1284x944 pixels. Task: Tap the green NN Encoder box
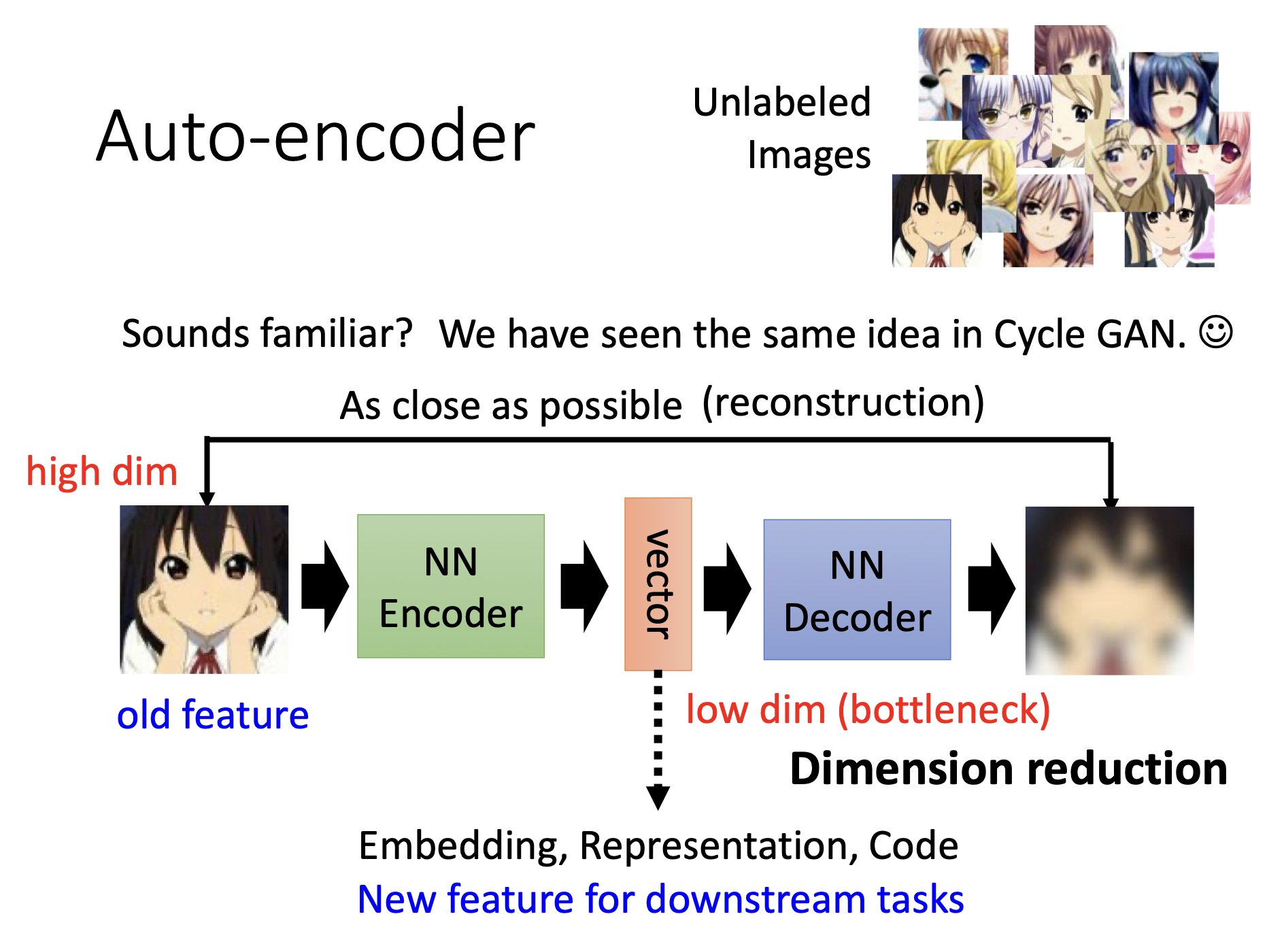pyautogui.click(x=450, y=586)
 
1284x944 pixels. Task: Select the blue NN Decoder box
pyautogui.click(x=857, y=590)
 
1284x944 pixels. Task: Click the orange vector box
pyautogui.click(x=658, y=584)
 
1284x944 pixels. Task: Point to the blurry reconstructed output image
pyautogui.click(x=1109, y=590)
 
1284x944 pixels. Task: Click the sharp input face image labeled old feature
pyautogui.click(x=204, y=589)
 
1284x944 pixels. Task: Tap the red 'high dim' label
pyautogui.click(x=102, y=471)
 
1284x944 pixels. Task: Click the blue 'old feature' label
pyautogui.click(x=213, y=715)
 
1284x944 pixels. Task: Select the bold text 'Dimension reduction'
pyautogui.click(x=1009, y=769)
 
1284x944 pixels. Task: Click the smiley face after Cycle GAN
pyautogui.click(x=1215, y=333)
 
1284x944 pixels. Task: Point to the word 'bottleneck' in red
pyautogui.click(x=944, y=710)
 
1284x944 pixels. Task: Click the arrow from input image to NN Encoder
pyautogui.click(x=324, y=586)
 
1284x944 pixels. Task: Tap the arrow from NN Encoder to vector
pyautogui.click(x=584, y=586)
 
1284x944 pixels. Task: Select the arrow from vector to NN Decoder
pyautogui.click(x=726, y=588)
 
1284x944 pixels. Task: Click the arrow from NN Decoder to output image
pyautogui.click(x=991, y=588)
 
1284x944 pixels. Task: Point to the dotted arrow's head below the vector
pyautogui.click(x=658, y=797)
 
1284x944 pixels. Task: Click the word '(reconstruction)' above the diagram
pyautogui.click(x=843, y=403)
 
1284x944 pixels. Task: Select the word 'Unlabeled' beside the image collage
pyautogui.click(x=781, y=103)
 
